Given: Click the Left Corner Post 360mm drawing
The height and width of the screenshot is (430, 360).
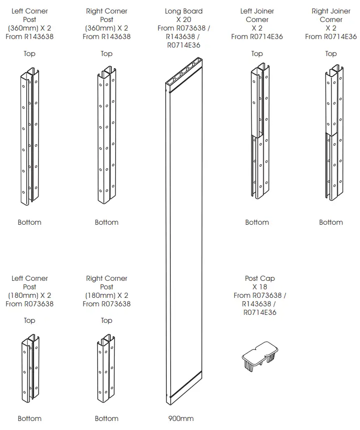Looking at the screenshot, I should point(30,138).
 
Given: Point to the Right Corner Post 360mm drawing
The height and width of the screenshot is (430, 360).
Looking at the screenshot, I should point(107,138).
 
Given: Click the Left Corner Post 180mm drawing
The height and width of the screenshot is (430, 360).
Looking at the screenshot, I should point(30,368).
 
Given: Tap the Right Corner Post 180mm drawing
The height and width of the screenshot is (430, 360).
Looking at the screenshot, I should point(107,368).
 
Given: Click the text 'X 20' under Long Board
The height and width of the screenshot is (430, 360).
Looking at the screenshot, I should point(184,20).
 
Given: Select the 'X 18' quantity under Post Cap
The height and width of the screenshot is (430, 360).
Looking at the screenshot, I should point(260,287).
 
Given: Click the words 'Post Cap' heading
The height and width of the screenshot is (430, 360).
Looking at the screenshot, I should point(260,278).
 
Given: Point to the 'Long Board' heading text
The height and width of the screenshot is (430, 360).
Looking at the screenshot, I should point(184,11).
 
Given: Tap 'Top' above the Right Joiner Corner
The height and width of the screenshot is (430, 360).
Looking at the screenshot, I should point(331,54).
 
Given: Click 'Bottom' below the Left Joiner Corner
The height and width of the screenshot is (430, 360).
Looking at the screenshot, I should point(257,222).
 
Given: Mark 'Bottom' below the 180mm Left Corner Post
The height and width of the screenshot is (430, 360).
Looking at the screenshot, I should point(30,418).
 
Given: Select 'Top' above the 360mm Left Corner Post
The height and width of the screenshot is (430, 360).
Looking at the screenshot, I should point(30,54).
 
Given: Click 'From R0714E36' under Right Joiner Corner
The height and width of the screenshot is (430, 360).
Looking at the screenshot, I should point(331,37).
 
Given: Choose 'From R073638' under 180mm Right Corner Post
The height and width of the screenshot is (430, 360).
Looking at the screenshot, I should point(107,304).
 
